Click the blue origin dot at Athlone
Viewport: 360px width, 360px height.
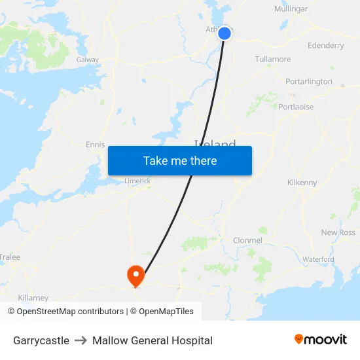click(225, 33)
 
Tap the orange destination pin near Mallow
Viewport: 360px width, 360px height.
click(135, 275)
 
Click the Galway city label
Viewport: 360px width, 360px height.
click(88, 60)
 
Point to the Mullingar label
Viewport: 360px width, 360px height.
click(291, 9)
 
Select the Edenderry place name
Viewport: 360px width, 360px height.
click(325, 46)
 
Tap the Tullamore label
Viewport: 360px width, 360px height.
click(273, 60)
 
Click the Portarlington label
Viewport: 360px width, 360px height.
click(309, 82)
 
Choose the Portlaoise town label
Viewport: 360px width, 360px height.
click(296, 107)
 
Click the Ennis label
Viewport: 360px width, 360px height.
click(96, 145)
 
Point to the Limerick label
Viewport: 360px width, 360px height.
click(137, 181)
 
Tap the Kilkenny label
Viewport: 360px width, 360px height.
click(302, 183)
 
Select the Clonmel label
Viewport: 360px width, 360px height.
click(247, 240)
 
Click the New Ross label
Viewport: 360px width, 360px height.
click(338, 232)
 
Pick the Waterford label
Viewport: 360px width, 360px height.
click(318, 259)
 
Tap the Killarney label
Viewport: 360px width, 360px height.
click(33, 298)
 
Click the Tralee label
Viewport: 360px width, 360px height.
click(10, 257)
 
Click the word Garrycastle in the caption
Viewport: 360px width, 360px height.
click(41, 340)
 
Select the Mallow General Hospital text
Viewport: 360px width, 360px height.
click(153, 340)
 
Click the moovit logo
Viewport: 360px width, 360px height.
click(321, 339)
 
